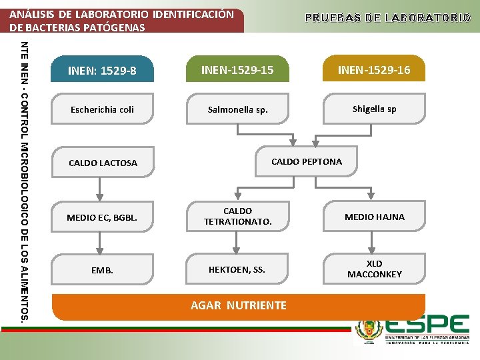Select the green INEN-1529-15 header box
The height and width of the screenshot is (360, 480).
pos(238,69)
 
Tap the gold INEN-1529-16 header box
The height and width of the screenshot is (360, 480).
pos(373,69)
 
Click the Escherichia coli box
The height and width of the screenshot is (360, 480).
pos(103,109)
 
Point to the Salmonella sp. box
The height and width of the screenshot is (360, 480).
pos(238,109)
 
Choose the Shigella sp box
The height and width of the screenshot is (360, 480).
pos(373,109)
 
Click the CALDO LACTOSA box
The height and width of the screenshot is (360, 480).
pos(103,163)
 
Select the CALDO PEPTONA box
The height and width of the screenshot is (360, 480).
pos(306,161)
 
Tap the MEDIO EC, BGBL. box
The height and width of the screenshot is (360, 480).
pos(103,217)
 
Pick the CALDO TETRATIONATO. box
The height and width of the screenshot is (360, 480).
pos(238,216)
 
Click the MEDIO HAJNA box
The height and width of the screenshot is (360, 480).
pos(374,217)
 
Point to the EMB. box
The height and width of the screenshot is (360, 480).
pos(103,270)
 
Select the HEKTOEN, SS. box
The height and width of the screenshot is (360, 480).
pos(238,269)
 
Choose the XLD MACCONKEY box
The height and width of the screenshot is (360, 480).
pos(374,269)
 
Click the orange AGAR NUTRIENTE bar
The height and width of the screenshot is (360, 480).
pos(239,306)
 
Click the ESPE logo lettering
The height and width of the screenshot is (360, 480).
pos(426,326)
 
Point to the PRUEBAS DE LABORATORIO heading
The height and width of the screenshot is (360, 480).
pos(387,17)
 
